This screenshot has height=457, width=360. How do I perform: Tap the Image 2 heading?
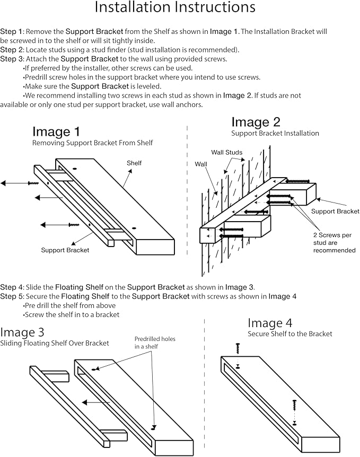[x=256, y=123]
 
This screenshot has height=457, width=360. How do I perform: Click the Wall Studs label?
[x=226, y=153]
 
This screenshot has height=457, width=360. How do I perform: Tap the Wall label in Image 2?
[x=201, y=164]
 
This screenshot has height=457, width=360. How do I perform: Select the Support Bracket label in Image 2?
[x=335, y=211]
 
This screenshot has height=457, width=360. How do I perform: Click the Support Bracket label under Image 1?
[x=65, y=250]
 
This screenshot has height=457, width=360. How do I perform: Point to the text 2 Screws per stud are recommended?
[x=334, y=242]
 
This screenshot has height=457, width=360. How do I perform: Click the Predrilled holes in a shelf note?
[x=154, y=342]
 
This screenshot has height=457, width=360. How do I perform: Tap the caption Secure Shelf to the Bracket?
[x=289, y=333]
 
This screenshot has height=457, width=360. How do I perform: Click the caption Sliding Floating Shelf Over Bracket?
[x=55, y=343]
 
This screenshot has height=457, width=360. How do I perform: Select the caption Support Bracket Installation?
[x=275, y=133]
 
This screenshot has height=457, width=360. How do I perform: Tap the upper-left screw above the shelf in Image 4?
[x=238, y=348]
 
